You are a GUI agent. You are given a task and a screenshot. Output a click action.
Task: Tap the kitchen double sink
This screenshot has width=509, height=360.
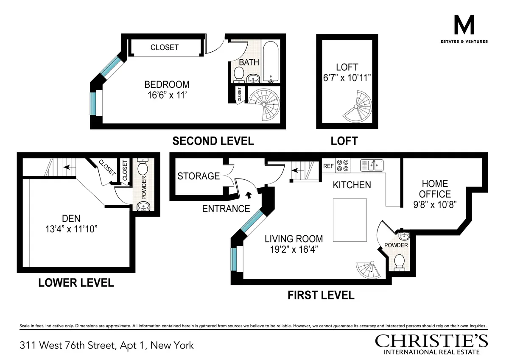point(372,165)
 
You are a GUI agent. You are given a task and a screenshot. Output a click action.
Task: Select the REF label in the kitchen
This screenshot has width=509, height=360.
point(328,166)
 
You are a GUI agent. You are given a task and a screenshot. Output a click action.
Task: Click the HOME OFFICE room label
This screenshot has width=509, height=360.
point(435,189)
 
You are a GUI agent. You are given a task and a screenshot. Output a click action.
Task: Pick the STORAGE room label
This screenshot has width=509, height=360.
point(199,176)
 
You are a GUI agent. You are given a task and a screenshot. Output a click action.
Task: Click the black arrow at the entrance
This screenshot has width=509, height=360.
point(248,195)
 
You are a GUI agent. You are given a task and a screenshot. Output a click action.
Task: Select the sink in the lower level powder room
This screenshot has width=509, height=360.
point(143,206)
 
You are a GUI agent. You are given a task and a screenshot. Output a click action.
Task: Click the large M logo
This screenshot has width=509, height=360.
point(464,27)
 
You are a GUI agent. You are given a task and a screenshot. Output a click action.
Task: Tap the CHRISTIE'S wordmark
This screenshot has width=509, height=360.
point(431,340)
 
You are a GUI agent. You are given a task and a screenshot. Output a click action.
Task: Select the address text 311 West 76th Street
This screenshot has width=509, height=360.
point(106,345)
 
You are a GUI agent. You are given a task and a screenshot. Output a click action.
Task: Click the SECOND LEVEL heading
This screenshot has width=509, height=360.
point(213,141)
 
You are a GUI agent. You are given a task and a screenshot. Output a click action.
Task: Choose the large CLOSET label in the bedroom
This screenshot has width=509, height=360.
point(165,47)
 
